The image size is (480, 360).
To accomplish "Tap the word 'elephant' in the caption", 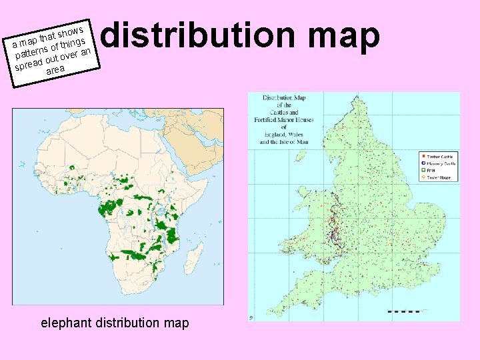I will click(x=67, y=323).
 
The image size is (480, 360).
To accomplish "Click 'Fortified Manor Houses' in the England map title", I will click(x=284, y=120).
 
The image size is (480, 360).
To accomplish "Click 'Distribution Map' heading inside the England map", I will click(x=284, y=98).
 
